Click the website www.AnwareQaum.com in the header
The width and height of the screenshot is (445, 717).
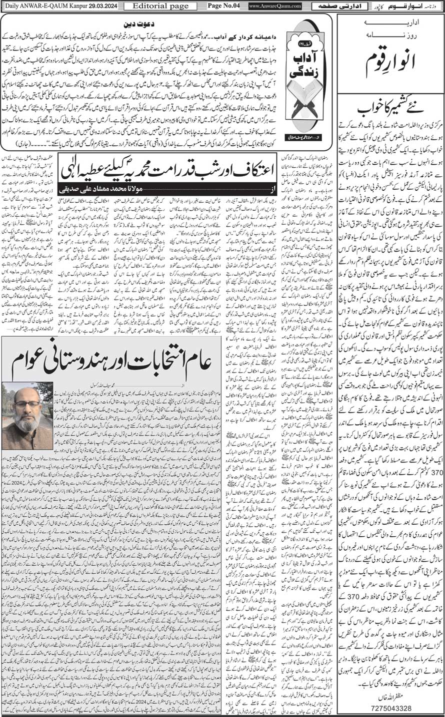pos(274,6)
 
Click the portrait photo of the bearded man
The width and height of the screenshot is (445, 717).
pos(27,423)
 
